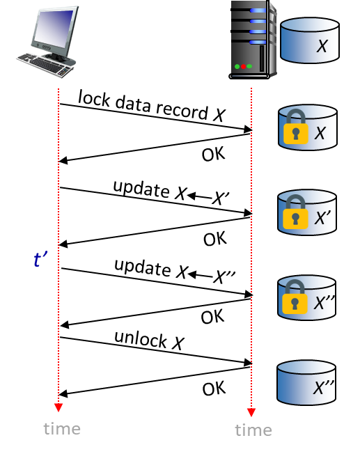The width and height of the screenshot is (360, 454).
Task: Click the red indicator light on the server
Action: (x=243, y=67)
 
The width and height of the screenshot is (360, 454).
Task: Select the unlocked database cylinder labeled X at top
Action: (x=310, y=40)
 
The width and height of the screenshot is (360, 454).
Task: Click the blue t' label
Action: (x=40, y=258)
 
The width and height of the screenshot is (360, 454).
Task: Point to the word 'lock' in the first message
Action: (x=94, y=98)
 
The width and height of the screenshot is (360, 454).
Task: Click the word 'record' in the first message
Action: (x=182, y=111)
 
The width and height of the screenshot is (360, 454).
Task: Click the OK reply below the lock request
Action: (x=213, y=154)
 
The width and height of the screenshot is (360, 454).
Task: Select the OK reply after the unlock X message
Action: (x=214, y=389)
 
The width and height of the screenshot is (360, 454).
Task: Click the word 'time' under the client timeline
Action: (x=62, y=429)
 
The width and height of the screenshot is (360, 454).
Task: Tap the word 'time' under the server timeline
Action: (x=253, y=430)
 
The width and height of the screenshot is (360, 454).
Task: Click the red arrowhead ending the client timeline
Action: (x=58, y=407)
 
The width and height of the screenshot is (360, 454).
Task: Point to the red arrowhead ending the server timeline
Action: (x=251, y=412)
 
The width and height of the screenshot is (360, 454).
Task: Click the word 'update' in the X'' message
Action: (x=143, y=267)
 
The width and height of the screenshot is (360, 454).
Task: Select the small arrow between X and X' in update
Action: (x=199, y=197)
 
